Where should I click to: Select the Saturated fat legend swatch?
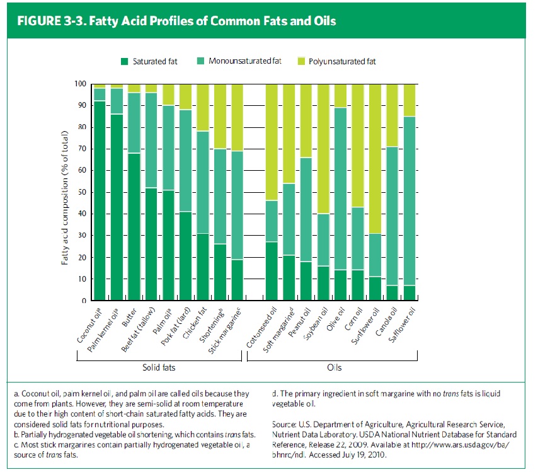(x=124, y=61)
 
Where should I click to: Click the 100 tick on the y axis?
(x=79, y=84)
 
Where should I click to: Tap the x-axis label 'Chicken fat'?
(x=194, y=321)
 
